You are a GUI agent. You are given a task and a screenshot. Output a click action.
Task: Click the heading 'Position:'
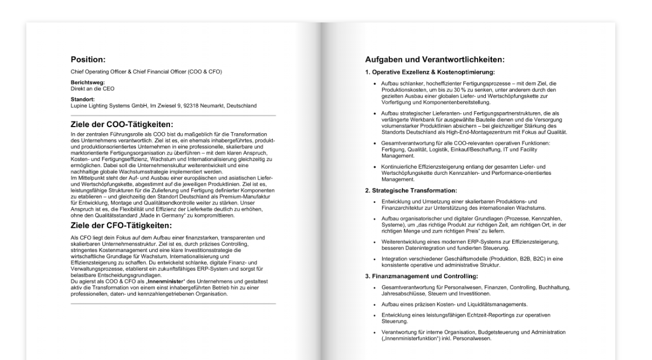tap(88, 59)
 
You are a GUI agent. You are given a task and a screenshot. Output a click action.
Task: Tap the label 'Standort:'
tap(83, 100)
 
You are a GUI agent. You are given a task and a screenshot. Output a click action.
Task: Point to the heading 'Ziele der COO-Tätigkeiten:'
tap(122, 125)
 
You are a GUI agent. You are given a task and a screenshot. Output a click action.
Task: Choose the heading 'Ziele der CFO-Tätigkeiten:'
tap(122, 225)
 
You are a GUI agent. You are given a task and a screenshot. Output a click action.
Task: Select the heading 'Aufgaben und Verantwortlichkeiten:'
tap(435, 59)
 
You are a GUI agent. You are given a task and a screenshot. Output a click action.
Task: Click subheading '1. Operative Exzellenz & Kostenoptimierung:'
tap(430, 72)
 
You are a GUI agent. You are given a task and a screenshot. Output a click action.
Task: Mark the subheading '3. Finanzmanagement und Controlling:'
tap(421, 276)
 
